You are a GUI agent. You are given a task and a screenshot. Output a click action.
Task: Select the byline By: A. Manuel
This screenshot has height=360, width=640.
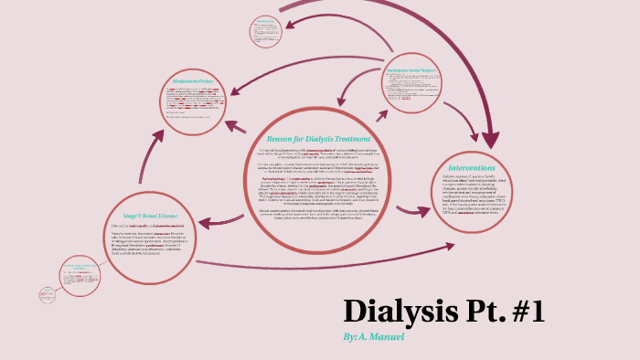373,337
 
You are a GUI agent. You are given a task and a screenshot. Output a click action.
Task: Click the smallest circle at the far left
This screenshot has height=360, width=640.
48,294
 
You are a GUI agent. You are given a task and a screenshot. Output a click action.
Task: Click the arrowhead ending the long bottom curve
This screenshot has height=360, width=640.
451,247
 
